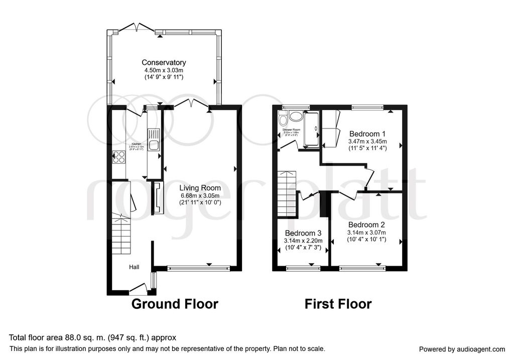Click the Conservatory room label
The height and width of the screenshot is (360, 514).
164,63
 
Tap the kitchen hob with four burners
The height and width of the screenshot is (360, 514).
120,157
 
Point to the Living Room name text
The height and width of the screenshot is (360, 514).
200,188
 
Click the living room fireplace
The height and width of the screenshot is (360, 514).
157,199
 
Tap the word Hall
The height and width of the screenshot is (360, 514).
135,267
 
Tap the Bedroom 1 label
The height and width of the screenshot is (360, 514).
367,134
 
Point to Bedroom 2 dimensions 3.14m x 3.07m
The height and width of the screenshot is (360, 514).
366,232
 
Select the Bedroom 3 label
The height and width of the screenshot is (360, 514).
303,233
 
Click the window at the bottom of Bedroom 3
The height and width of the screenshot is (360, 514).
303,269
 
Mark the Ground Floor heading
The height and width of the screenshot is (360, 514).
175,304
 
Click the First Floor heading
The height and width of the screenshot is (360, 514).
338,304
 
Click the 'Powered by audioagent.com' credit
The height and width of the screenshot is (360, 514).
462,349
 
